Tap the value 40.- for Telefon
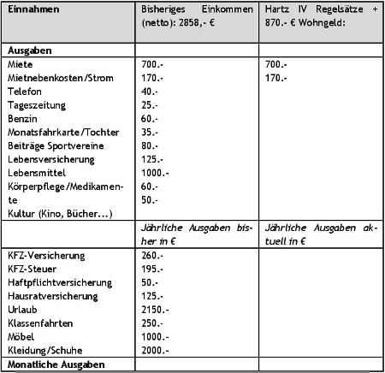149,91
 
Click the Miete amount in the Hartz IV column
275,64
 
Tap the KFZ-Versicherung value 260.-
151,256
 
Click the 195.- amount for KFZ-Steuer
151,269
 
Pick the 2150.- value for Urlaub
154,311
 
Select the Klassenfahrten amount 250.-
151,324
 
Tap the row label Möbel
21,338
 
